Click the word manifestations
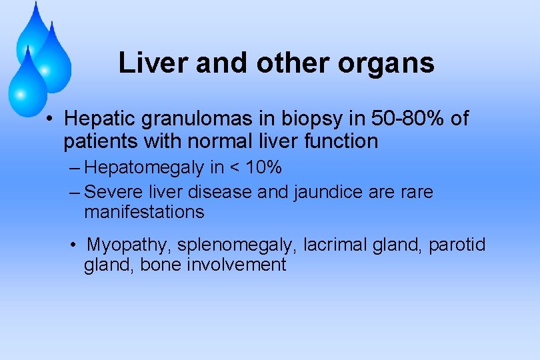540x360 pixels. click(x=144, y=212)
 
